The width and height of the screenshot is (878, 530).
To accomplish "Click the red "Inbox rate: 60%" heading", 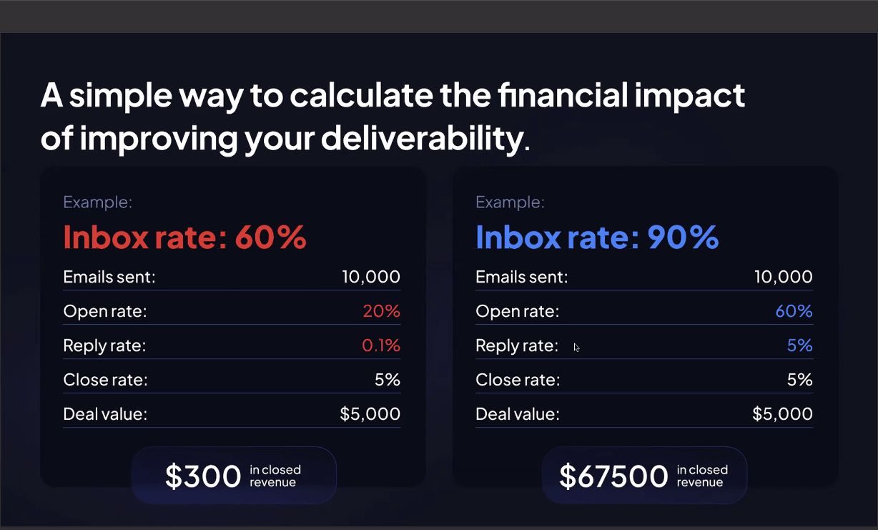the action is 184,237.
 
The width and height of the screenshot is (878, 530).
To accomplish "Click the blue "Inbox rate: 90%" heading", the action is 597,237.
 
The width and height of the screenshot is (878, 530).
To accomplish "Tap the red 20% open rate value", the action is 381,311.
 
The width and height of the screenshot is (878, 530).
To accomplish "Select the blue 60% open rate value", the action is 794,311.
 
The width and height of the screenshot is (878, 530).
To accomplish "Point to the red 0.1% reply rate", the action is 381,345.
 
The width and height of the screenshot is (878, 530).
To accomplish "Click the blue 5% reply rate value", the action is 800,345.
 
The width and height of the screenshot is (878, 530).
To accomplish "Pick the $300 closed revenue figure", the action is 203,476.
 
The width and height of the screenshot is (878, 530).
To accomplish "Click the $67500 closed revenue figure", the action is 613,476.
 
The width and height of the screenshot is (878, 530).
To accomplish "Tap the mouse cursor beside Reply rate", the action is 576,348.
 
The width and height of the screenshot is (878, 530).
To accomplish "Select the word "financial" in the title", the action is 563,95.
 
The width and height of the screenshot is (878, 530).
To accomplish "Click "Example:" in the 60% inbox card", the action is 98,202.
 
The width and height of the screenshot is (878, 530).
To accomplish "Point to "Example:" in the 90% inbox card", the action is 510,202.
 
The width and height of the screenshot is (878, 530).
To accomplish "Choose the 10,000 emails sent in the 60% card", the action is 371,277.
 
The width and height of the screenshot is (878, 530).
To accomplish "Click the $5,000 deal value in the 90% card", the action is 783,414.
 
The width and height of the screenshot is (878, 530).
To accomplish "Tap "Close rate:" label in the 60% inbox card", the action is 105,380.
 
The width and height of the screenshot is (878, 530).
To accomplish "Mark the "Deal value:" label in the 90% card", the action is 518,414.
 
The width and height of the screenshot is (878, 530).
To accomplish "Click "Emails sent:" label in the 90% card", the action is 522,277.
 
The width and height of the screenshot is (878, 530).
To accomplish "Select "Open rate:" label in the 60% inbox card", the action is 105,311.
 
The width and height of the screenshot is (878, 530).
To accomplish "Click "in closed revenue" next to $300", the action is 275,476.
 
